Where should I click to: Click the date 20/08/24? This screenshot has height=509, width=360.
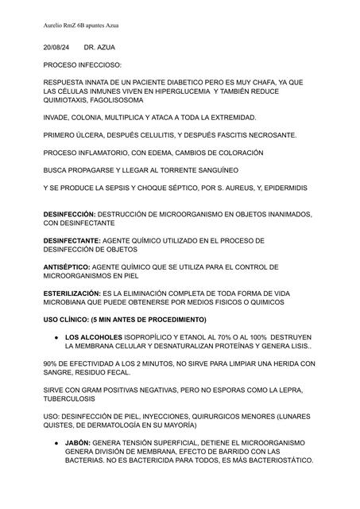56,49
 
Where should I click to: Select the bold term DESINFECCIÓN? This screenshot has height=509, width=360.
69,215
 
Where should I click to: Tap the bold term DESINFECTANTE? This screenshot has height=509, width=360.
72,240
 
